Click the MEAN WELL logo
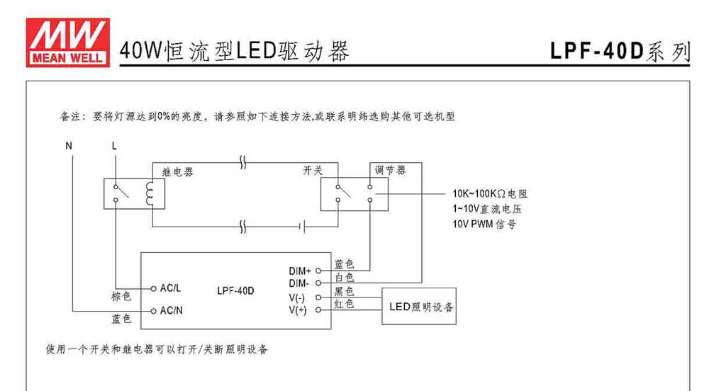coord(68,42)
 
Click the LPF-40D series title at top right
coord(620,51)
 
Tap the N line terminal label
coord(69,146)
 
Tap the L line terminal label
coord(114,146)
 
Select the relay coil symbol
coord(149,193)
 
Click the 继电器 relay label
coord(178,172)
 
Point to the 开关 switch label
coord(313,170)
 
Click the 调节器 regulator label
coord(390,170)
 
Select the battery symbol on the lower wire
coord(302,226)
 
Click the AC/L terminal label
coord(170,288)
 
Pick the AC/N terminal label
coord(172,311)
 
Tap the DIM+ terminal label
coord(300,271)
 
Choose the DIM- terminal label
coord(299,283)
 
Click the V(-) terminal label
coord(297,298)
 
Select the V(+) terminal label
coord(298,310)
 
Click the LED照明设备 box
coord(419,306)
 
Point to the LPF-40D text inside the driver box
coord(235,290)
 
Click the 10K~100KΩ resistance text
coord(490,193)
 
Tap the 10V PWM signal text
coord(484,224)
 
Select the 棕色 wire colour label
coord(121,296)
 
